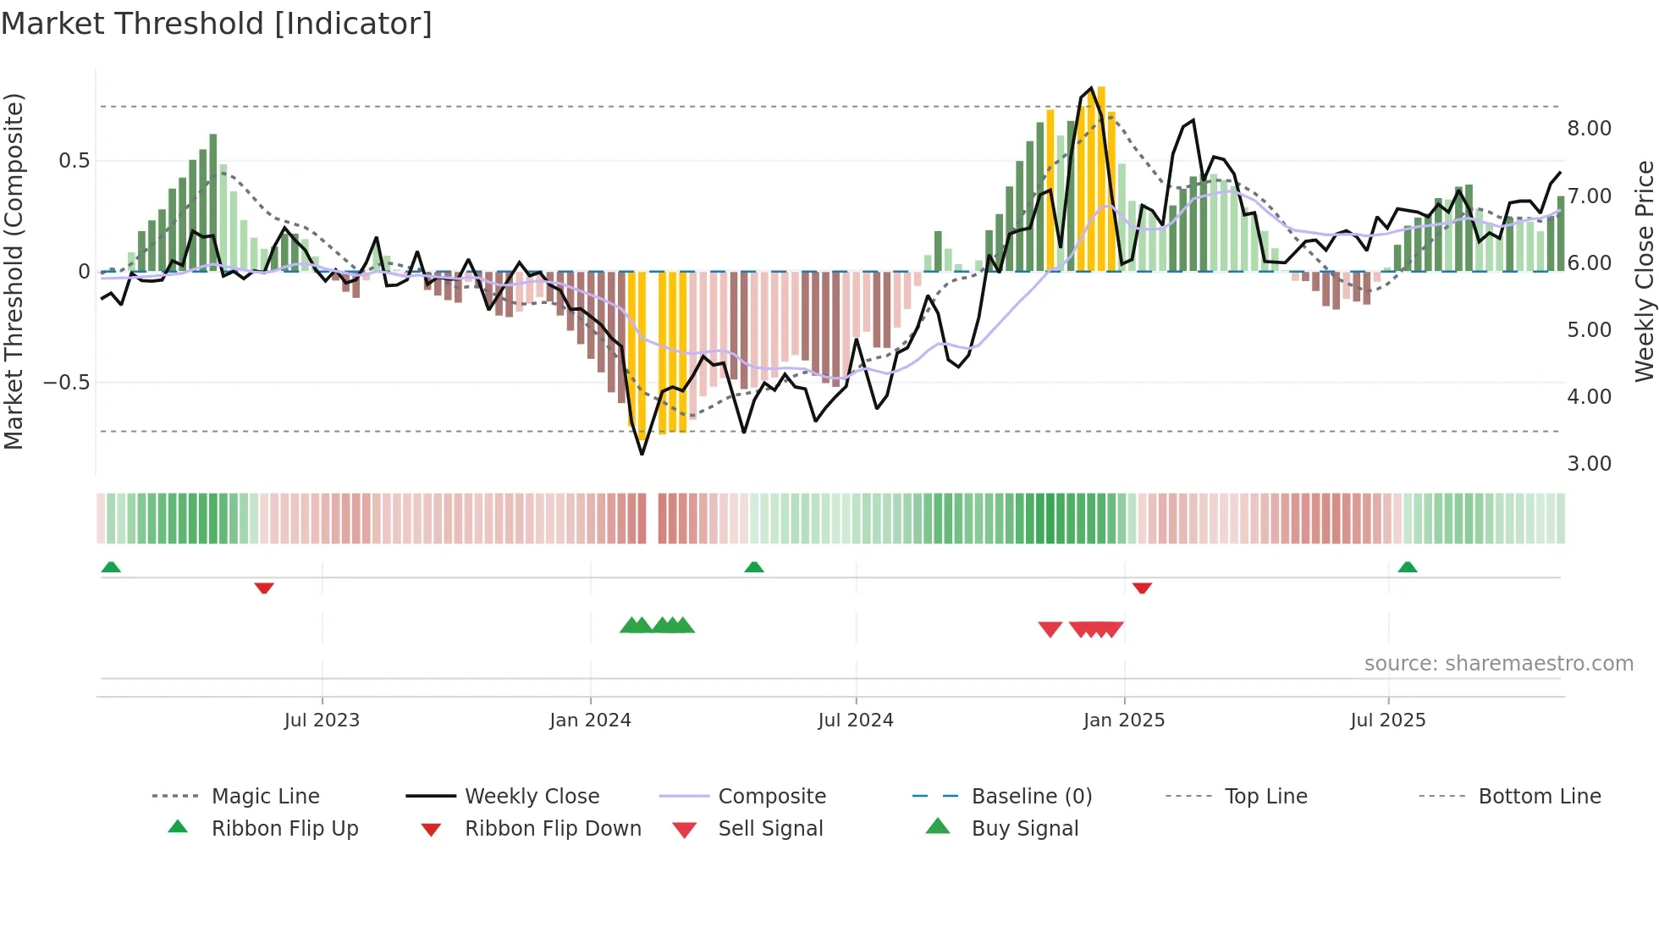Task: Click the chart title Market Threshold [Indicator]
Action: coord(217,24)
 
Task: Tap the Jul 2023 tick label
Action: coord(322,720)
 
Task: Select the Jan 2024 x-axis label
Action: coord(590,720)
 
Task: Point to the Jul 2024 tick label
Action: coord(856,720)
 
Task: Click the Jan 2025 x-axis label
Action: coord(1124,720)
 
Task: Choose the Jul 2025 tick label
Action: coord(1388,720)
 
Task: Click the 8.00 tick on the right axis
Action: coord(1589,129)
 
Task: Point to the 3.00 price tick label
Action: coord(1589,464)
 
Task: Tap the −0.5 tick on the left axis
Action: coord(66,383)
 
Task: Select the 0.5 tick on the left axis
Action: coord(74,161)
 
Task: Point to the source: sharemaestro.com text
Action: coord(1498,664)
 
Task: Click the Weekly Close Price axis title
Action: coord(1644,271)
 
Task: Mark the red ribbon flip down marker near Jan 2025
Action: coord(1142,588)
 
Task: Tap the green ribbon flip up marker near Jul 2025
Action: coord(1408,567)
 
